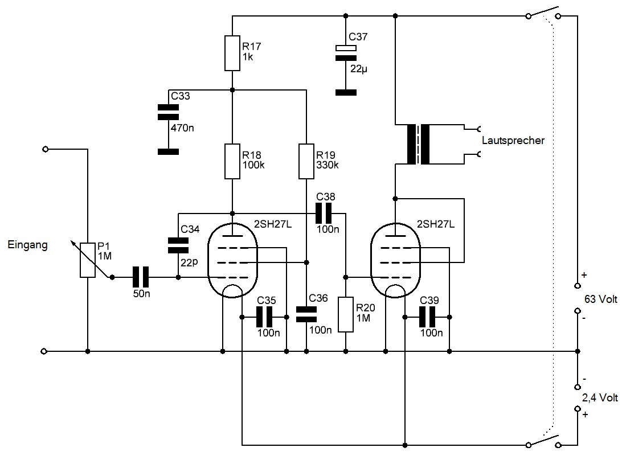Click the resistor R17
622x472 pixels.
coord(232,53)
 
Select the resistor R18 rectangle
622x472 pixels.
coord(232,162)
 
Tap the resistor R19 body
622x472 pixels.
coord(306,162)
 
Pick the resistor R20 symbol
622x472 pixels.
coord(346,314)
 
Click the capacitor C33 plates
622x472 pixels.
coord(167,112)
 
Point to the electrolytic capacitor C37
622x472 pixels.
coord(345,53)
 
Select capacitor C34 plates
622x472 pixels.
coord(178,245)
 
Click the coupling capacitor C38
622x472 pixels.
coord(326,214)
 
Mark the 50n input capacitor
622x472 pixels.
coord(140,277)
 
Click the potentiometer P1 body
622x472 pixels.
coord(88,260)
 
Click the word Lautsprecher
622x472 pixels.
coord(513,140)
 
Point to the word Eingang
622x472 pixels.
coord(28,245)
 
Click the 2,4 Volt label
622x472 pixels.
coord(601,397)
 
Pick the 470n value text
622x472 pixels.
coord(182,128)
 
